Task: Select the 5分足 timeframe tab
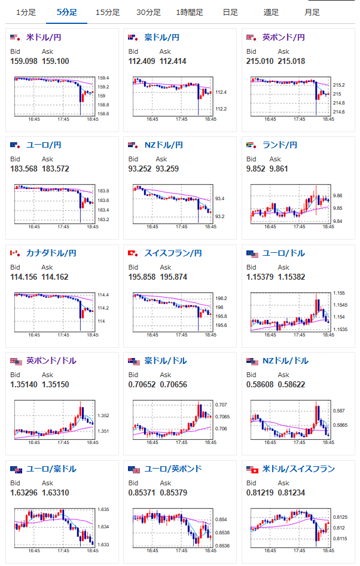(x=67, y=13)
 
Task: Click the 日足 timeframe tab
(x=230, y=13)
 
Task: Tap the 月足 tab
(x=312, y=13)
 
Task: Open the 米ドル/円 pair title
(x=44, y=37)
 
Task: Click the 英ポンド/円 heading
(x=284, y=37)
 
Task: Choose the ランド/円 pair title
(x=280, y=145)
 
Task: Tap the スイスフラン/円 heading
(x=173, y=253)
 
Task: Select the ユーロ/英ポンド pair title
(x=173, y=469)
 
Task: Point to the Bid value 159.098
(x=24, y=61)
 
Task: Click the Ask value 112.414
(x=173, y=61)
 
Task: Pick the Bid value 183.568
(x=24, y=169)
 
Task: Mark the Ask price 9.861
(x=279, y=169)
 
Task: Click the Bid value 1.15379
(x=260, y=277)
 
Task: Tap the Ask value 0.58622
(x=291, y=384)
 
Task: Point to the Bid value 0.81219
(x=260, y=492)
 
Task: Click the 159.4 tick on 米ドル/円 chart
(x=103, y=78)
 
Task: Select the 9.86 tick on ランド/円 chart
(x=338, y=195)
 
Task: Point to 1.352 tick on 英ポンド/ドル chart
(x=103, y=415)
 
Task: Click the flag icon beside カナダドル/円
(x=15, y=253)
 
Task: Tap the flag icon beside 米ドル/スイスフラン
(x=252, y=469)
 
